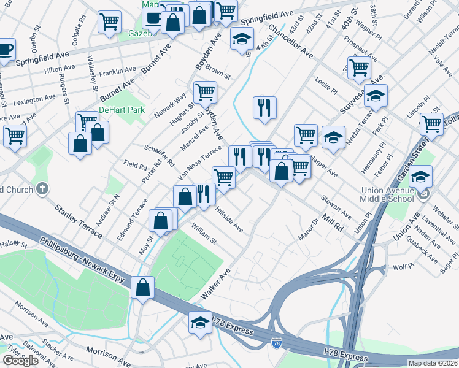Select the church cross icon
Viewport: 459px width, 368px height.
42,189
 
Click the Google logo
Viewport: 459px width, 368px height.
20,361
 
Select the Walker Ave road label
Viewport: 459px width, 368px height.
215,283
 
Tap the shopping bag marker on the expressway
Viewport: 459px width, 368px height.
142,288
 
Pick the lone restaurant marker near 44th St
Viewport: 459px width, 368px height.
265,107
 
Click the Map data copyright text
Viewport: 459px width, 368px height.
433,362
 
